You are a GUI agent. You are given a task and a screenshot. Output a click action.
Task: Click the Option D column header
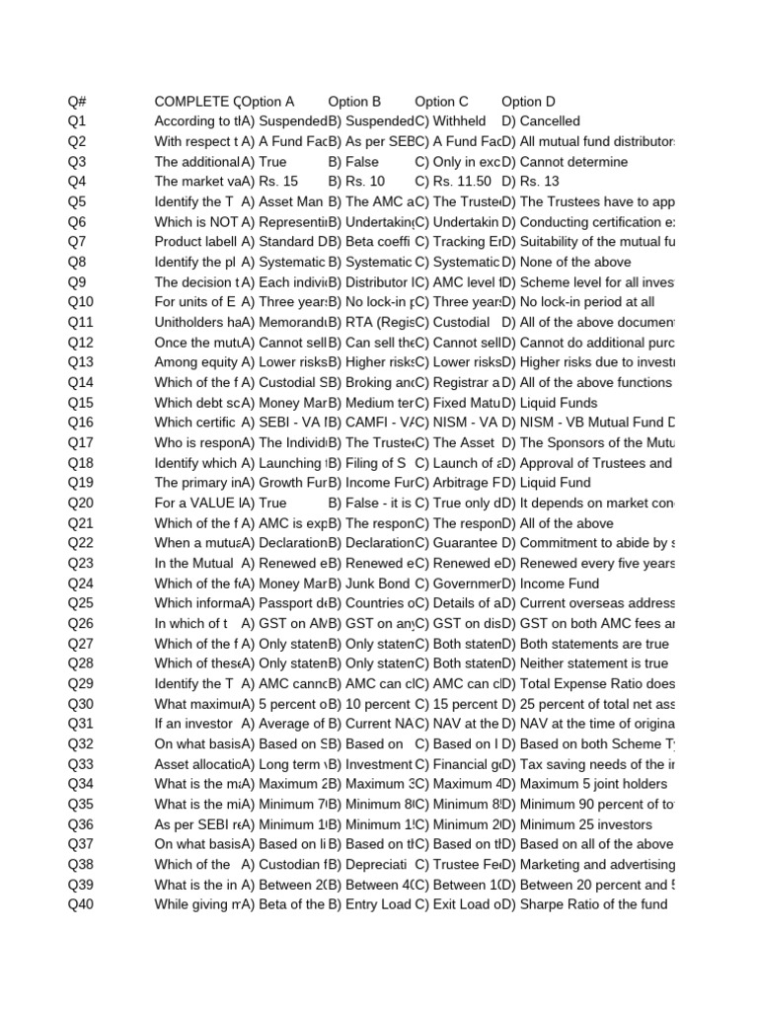[x=528, y=101]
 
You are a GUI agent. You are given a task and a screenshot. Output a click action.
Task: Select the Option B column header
[x=354, y=101]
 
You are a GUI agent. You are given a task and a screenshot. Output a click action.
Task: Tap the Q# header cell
[x=78, y=101]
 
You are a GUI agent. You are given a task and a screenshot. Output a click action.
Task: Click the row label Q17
[x=81, y=442]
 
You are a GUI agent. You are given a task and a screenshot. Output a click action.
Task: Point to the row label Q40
[x=81, y=904]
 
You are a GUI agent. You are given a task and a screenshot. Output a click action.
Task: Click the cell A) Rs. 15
[x=269, y=182]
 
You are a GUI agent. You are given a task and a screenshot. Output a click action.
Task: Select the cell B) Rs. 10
[x=356, y=182]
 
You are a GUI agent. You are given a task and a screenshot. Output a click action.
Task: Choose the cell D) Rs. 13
[x=530, y=182]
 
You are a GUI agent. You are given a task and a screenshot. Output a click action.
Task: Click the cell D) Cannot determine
[x=565, y=161]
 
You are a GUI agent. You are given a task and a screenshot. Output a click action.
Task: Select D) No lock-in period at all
[x=577, y=302]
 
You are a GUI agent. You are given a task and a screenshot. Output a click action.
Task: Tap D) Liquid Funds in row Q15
[x=549, y=402]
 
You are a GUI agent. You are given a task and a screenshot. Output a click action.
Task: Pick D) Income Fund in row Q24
[x=551, y=583]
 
